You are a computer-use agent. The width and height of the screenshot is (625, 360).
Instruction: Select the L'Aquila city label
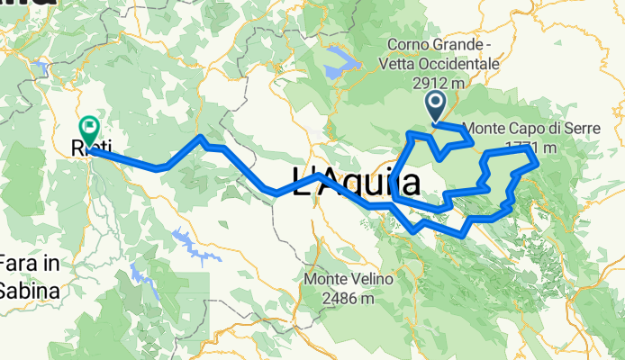[x=357, y=183]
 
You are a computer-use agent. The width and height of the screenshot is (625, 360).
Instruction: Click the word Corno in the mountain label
[x=409, y=46]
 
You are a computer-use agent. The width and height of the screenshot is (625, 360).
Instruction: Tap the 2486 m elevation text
[x=349, y=298]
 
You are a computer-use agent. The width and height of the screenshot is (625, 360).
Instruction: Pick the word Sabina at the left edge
[x=30, y=291]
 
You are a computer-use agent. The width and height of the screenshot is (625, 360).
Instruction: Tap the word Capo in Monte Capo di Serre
[x=535, y=127]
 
